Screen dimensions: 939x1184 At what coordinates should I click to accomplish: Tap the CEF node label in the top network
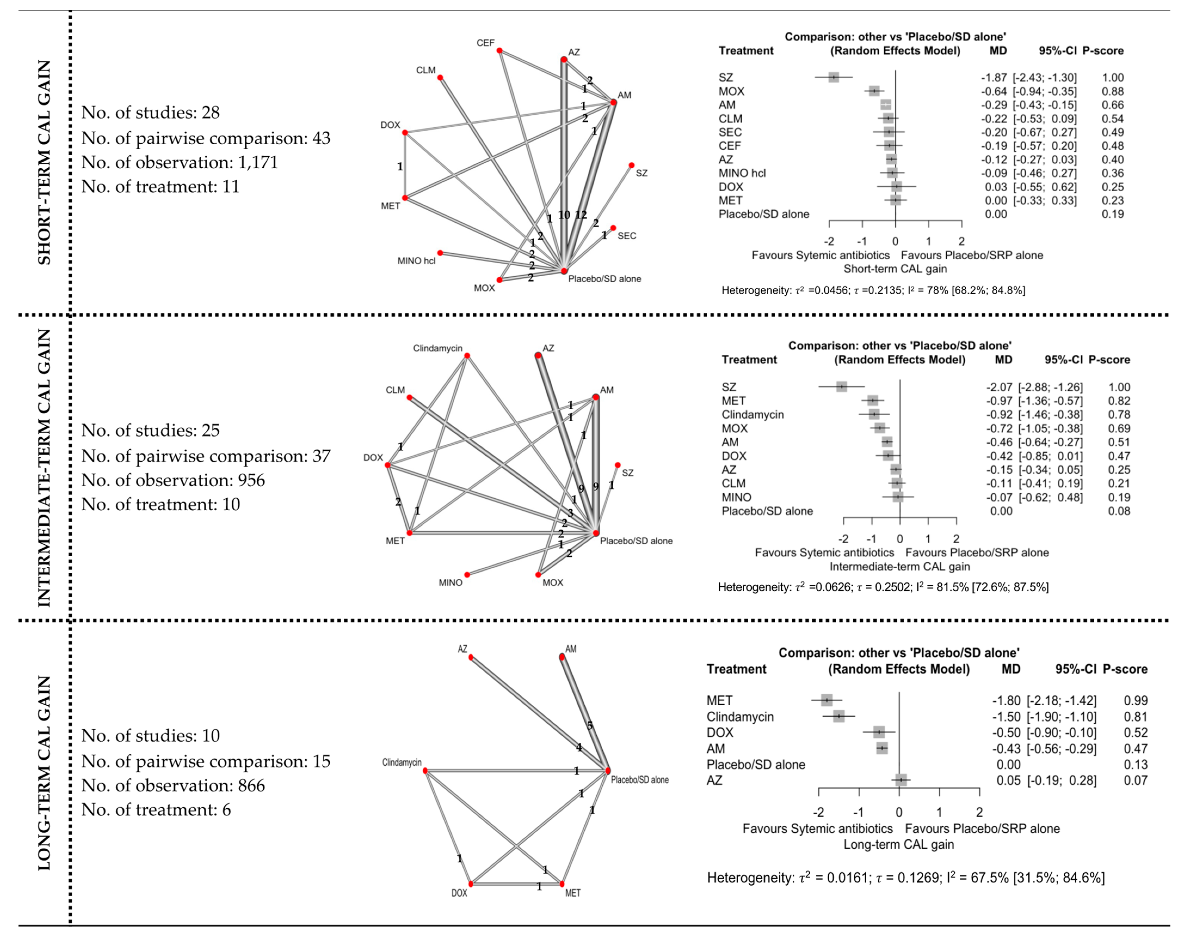[x=485, y=43]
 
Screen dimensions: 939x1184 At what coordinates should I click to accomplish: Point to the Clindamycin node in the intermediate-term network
[x=467, y=355]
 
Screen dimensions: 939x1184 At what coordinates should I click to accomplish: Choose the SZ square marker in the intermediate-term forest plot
[x=841, y=387]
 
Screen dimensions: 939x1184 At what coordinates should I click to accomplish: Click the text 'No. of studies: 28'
[x=150, y=113]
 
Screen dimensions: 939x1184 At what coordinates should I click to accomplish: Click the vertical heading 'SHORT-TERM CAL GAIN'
[x=44, y=163]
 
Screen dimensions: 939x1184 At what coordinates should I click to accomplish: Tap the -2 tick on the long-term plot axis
[x=818, y=812]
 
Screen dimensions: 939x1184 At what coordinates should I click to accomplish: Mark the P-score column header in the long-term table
[x=1125, y=669]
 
